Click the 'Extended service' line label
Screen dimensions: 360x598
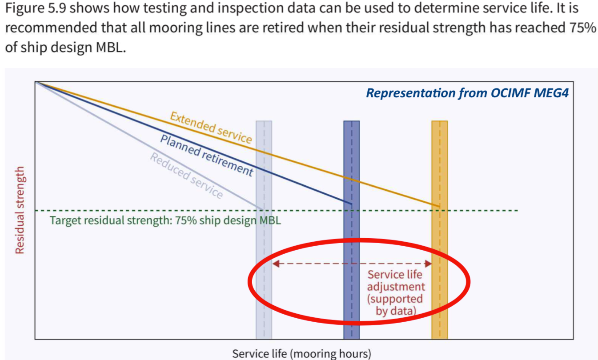pos(211,127)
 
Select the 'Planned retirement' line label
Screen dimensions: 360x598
pos(206,155)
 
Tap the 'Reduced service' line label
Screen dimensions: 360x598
pos(186,175)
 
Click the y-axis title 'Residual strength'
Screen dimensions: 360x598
pos(20,210)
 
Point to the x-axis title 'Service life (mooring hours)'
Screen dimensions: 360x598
pos(301,353)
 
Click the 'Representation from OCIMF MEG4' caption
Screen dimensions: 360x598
pos(467,93)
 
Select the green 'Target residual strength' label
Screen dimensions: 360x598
pos(165,220)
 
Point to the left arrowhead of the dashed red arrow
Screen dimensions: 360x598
pos(275,264)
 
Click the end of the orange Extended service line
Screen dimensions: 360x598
pos(439,206)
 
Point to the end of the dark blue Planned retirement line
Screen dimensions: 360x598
pos(351,203)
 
